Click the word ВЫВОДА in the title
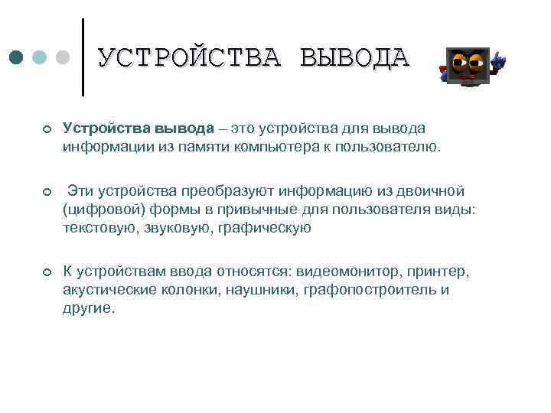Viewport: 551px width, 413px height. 355,58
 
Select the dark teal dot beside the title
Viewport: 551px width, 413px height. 16,57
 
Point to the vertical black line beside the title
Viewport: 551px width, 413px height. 83,57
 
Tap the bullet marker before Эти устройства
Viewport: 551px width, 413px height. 47,190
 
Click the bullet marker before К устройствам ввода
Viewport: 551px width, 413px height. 47,272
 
